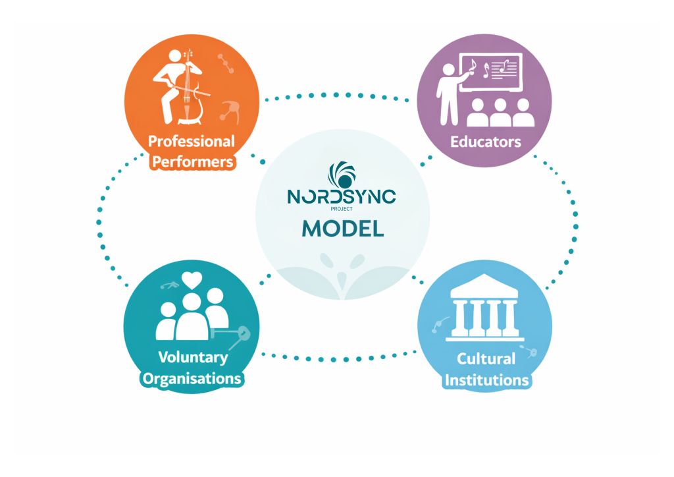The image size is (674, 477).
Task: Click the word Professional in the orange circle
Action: (x=191, y=141)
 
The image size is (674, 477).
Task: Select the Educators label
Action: (x=485, y=142)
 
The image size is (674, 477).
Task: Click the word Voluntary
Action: (x=193, y=358)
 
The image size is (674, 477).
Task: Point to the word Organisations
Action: (x=192, y=379)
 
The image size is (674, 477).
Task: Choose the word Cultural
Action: (x=486, y=359)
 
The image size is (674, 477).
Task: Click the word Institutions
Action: (x=486, y=380)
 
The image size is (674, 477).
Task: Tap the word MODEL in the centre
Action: (x=342, y=228)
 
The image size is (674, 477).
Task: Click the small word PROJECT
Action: (x=342, y=210)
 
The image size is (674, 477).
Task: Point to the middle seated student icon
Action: (x=500, y=113)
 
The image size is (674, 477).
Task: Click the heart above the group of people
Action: (x=192, y=280)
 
